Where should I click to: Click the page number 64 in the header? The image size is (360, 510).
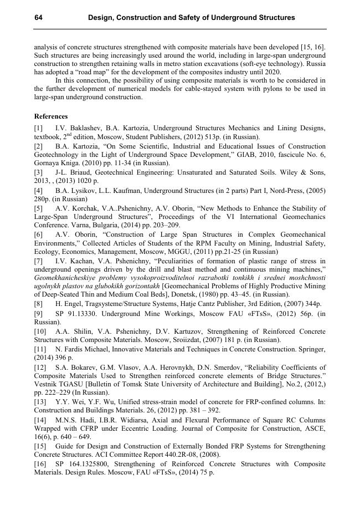[x=39, y=18]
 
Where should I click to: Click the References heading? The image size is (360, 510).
[x=51, y=116]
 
